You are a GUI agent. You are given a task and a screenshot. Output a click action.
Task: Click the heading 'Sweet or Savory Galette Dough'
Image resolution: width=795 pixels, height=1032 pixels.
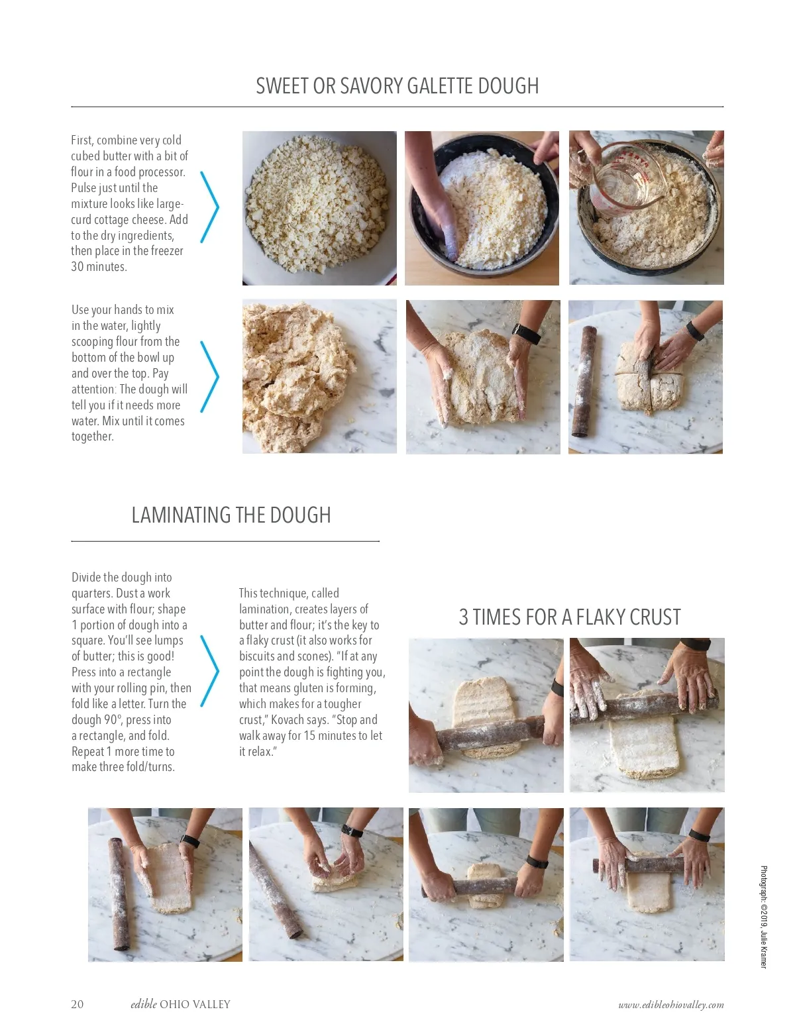pyautogui.click(x=397, y=86)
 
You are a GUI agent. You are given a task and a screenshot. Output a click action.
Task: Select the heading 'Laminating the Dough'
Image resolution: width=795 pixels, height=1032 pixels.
pyautogui.click(x=231, y=515)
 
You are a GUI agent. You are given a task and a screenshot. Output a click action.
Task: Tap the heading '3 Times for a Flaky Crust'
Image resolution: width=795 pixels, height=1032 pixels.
pyautogui.click(x=569, y=617)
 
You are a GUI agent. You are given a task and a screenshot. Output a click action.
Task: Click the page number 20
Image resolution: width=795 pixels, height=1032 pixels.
pyautogui.click(x=77, y=1004)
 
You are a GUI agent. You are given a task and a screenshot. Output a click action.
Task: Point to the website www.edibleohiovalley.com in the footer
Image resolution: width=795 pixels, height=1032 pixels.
pyautogui.click(x=670, y=1004)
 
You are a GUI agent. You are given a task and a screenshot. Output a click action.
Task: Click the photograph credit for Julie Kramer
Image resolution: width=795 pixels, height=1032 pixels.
pyautogui.click(x=763, y=917)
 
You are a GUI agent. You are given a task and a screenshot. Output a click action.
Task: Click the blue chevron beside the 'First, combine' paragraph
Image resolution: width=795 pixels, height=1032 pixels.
pyautogui.click(x=209, y=207)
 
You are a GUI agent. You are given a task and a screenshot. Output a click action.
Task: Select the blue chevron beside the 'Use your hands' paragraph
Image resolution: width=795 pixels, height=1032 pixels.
pyautogui.click(x=209, y=377)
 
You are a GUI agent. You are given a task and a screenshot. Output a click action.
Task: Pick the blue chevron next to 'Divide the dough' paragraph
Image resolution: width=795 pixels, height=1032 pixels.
pyautogui.click(x=209, y=671)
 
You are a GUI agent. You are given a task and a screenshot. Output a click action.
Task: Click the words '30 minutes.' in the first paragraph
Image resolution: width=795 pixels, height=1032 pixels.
pyautogui.click(x=99, y=267)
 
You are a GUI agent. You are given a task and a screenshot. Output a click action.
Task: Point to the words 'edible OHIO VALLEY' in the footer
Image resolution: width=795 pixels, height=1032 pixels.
pyautogui.click(x=180, y=1004)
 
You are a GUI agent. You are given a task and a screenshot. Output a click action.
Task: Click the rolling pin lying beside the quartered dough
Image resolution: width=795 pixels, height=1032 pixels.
pyautogui.click(x=584, y=381)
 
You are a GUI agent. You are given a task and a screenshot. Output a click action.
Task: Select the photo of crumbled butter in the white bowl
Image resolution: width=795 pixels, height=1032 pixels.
pyautogui.click(x=319, y=208)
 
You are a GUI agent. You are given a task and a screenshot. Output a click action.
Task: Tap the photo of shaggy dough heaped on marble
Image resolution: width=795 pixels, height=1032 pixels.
pyautogui.click(x=319, y=376)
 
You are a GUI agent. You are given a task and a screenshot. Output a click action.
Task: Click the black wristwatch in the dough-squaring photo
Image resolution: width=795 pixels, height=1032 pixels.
pyautogui.click(x=526, y=333)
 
